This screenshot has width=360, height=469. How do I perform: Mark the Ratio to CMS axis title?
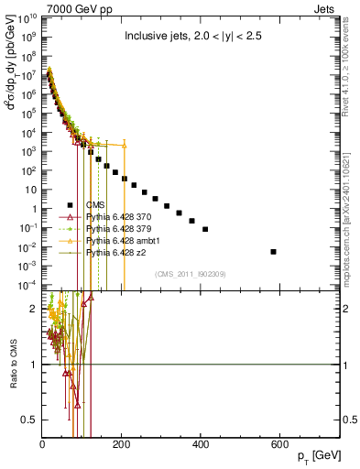pyautogui.click(x=12, y=365)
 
